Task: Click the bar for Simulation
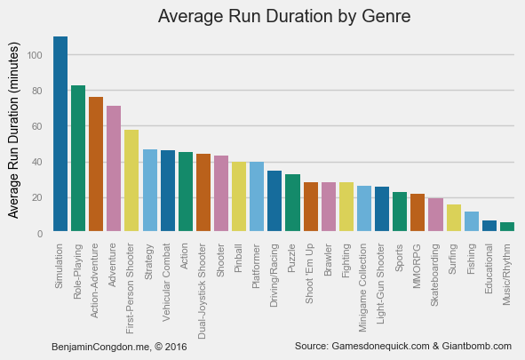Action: (x=60, y=135)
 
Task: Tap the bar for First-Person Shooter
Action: (x=131, y=181)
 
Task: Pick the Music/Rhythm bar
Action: (x=507, y=228)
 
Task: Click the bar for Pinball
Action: (x=239, y=197)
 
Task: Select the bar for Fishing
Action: (x=472, y=222)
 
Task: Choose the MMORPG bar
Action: (x=418, y=213)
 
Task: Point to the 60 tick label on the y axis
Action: (x=38, y=126)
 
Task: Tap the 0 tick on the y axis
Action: (x=41, y=233)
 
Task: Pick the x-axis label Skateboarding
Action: (x=435, y=272)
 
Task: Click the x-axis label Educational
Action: (x=489, y=268)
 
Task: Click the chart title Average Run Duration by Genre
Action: (x=284, y=16)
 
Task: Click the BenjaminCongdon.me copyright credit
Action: (x=120, y=346)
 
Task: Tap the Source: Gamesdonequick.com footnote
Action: (x=403, y=346)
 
